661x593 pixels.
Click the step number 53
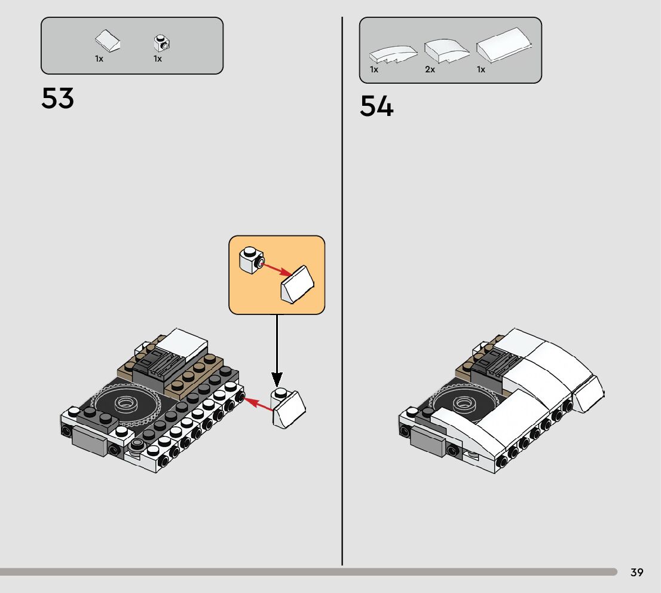pos(57,99)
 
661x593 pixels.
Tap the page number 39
pos(636,573)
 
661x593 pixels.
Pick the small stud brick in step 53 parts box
pos(162,42)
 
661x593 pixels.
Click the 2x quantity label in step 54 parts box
pos(430,69)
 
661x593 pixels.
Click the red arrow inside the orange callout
pos(276,269)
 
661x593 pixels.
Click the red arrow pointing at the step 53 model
pos(258,403)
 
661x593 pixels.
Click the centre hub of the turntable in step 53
pos(126,402)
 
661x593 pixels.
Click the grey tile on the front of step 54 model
pos(427,443)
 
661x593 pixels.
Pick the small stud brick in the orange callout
pos(249,259)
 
